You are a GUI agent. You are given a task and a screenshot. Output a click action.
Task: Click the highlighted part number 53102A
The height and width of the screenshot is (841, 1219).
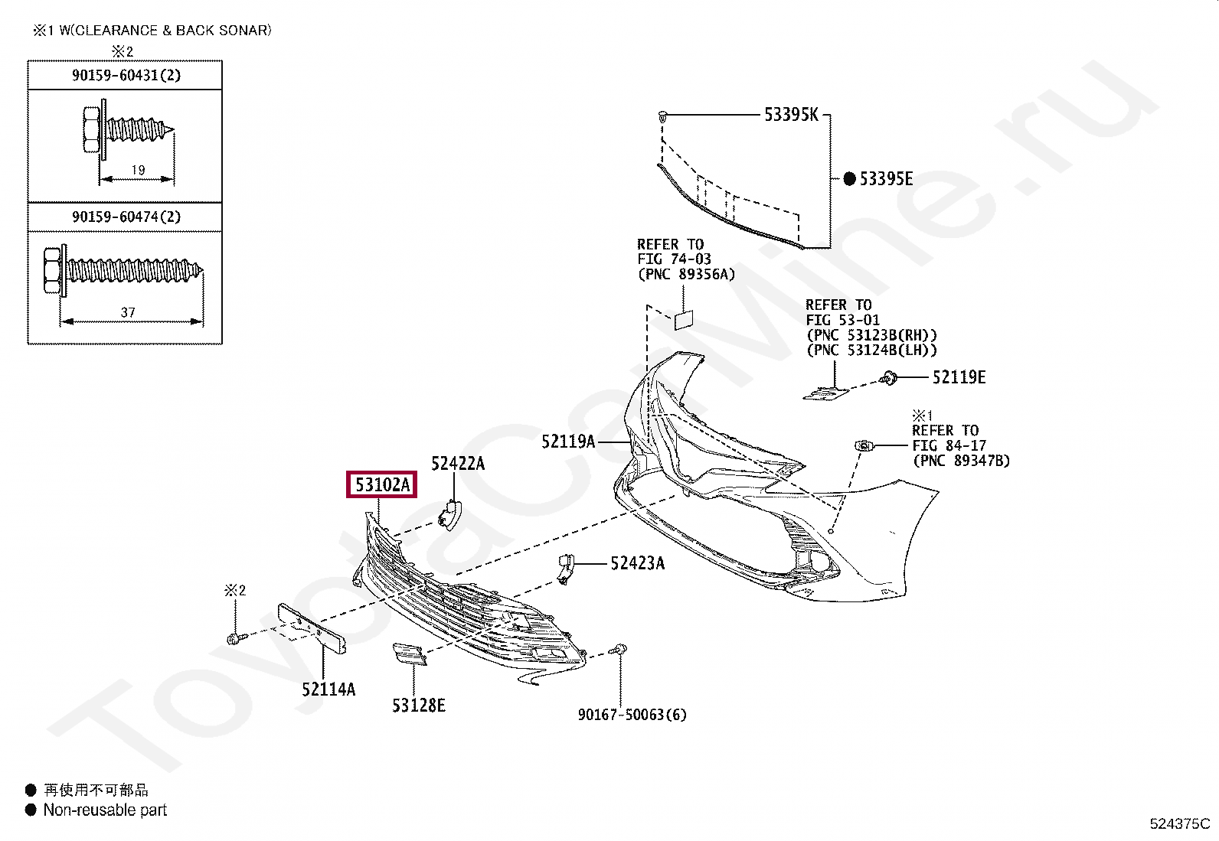point(382,484)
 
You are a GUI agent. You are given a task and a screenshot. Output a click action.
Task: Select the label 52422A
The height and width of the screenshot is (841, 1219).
point(458,463)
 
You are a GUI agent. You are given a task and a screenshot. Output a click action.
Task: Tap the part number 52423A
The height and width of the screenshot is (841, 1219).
point(637,564)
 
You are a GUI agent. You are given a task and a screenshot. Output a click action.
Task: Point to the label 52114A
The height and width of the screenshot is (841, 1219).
point(328,689)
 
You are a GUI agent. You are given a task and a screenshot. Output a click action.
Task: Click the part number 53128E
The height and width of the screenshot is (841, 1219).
point(418,706)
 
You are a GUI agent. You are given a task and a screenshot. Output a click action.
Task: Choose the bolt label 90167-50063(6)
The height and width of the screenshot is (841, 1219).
point(632,715)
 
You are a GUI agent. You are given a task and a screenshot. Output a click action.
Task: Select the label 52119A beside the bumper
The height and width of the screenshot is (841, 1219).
point(568,442)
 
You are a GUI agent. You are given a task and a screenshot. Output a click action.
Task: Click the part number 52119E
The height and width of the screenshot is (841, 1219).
point(959,377)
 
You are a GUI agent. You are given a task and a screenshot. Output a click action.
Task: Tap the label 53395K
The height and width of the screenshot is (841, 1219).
point(791,115)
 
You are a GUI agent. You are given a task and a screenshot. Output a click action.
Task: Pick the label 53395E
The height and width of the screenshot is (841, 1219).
point(886,179)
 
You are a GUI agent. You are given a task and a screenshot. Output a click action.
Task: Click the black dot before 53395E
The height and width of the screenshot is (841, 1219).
point(849,179)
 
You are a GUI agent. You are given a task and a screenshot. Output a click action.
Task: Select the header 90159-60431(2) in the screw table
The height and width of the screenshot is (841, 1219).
point(126,75)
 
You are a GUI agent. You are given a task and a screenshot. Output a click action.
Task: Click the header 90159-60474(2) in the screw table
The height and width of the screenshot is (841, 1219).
point(126,217)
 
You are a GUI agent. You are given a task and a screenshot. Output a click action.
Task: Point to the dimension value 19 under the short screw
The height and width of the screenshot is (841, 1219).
point(138,170)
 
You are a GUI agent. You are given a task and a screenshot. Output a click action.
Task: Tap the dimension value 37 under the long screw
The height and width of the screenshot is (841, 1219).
point(128,312)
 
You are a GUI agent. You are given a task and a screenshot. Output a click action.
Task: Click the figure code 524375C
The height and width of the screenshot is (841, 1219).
point(1179,823)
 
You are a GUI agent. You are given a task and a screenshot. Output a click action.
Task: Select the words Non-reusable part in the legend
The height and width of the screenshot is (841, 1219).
point(105,810)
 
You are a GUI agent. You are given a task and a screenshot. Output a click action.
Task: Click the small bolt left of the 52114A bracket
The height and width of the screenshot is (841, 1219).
point(234,637)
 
